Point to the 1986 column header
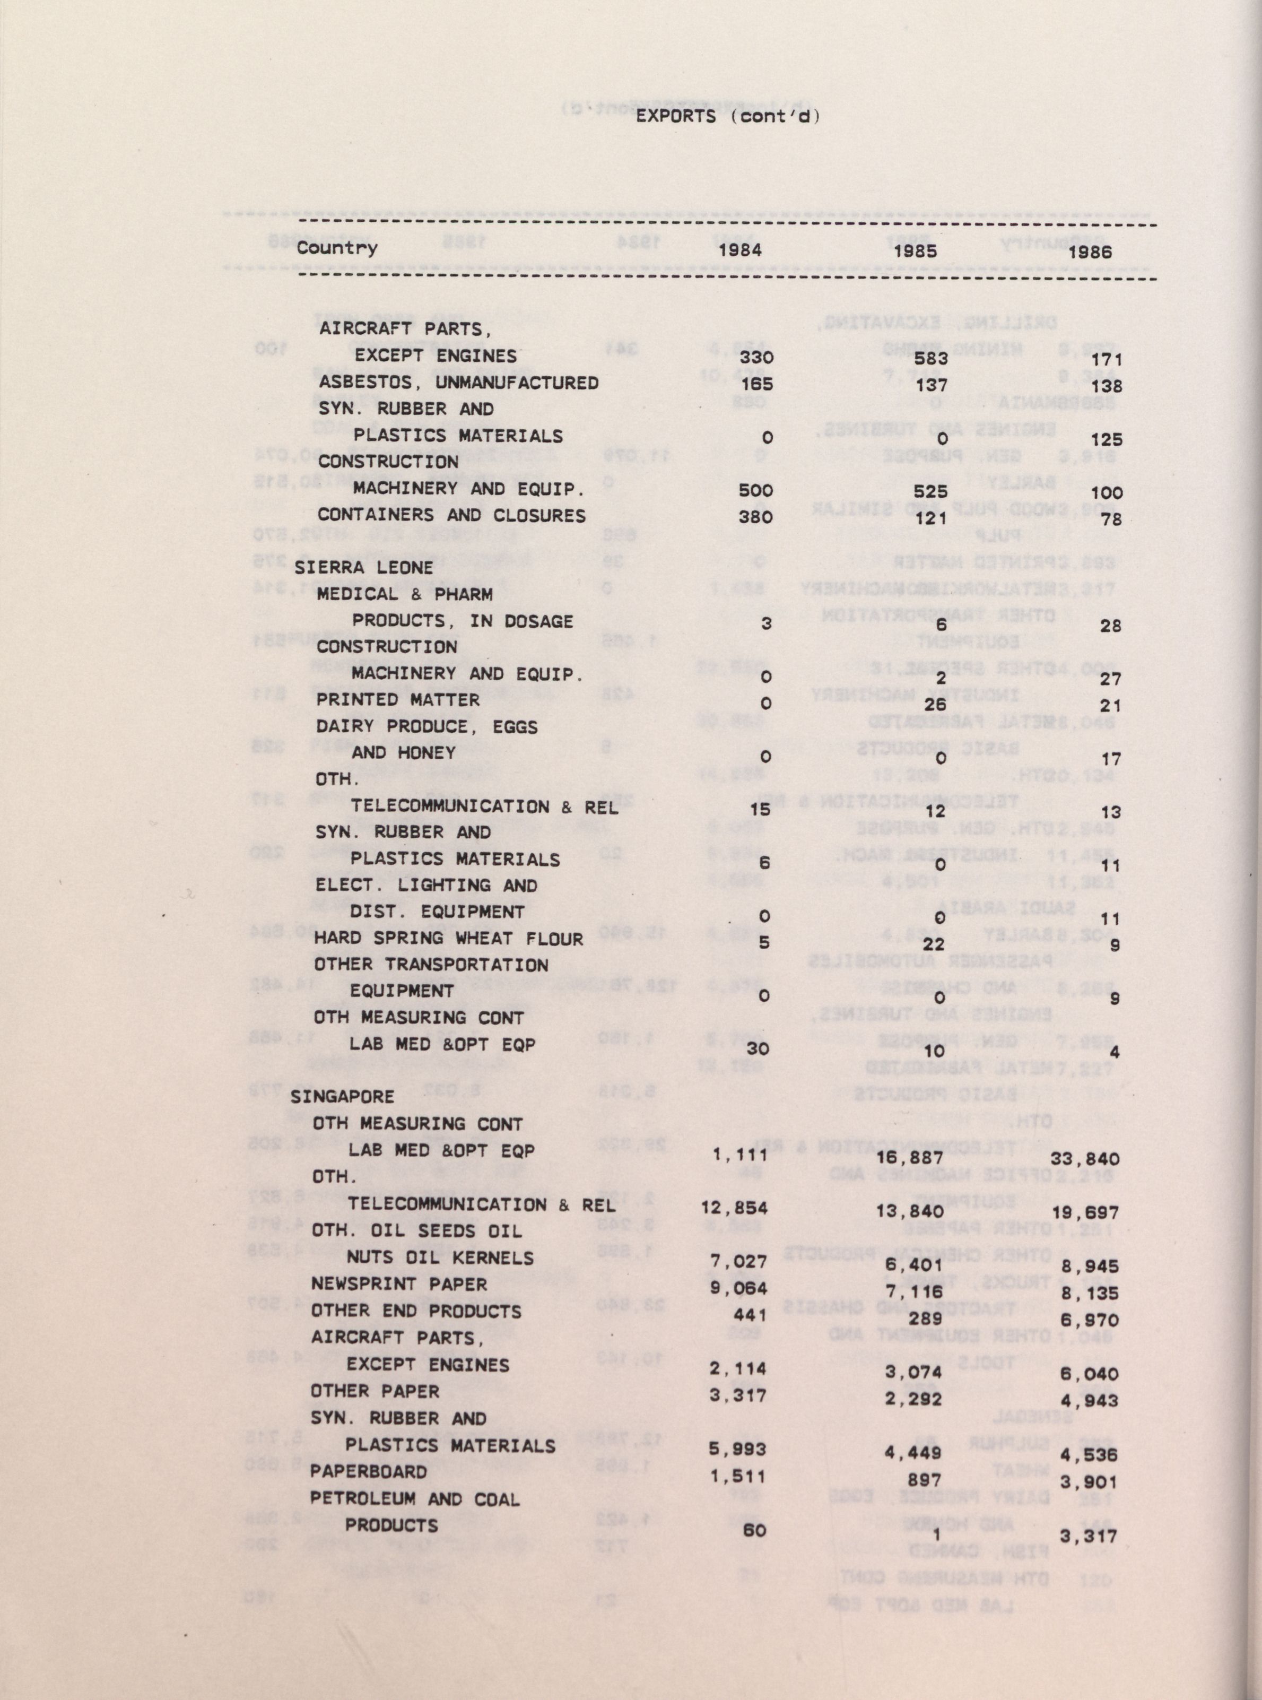pos(1090,251)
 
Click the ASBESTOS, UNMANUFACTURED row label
pos(458,382)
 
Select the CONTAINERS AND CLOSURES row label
pos(451,516)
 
